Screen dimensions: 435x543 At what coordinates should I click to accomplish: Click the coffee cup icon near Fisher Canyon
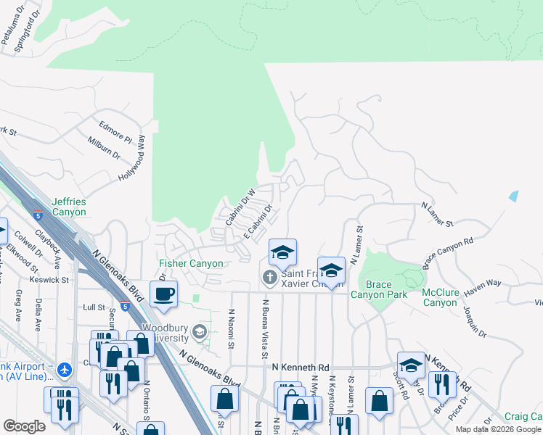tap(164, 294)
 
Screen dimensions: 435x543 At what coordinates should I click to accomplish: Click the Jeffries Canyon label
tap(69, 207)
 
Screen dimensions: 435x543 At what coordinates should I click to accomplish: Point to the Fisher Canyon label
tap(192, 263)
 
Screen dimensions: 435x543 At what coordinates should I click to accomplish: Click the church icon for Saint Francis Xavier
tap(270, 278)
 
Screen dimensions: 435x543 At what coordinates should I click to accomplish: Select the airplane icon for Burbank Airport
tap(65, 370)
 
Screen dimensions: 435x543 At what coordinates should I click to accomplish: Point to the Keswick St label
tap(49, 278)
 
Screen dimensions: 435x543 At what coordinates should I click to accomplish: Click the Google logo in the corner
tap(24, 426)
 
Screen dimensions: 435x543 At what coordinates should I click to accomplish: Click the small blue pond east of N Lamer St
tap(514, 196)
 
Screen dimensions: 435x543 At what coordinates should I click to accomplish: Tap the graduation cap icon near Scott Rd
tap(411, 366)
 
